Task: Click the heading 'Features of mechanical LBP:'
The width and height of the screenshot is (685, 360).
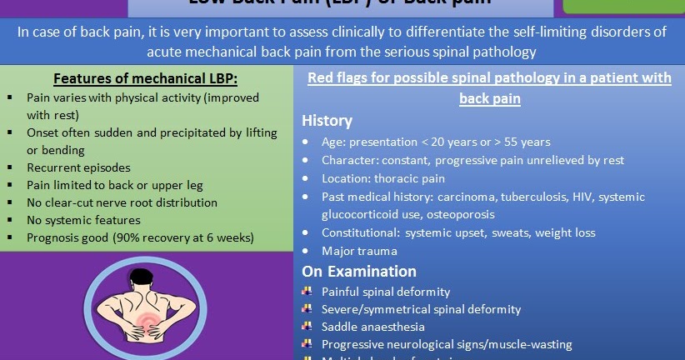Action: click(x=144, y=79)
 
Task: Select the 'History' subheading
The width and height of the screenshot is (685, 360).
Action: click(x=327, y=121)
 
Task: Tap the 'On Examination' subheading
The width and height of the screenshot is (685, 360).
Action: click(x=359, y=271)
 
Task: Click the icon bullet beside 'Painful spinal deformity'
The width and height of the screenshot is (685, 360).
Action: click(x=307, y=292)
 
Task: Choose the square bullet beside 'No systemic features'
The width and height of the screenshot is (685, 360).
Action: click(x=8, y=220)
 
